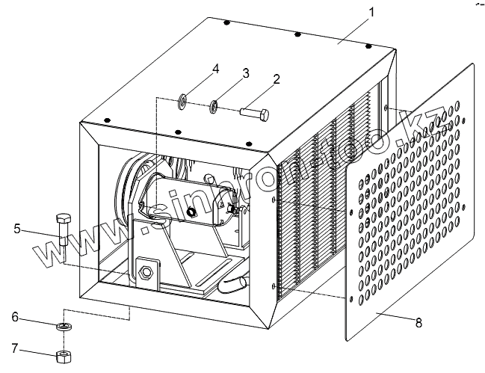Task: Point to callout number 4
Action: [x=215, y=69]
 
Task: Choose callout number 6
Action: [x=15, y=316]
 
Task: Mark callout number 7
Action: [x=15, y=347]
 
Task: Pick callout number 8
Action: [x=418, y=323]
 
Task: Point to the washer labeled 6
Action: [x=63, y=327]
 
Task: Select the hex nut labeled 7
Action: [x=63, y=354]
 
